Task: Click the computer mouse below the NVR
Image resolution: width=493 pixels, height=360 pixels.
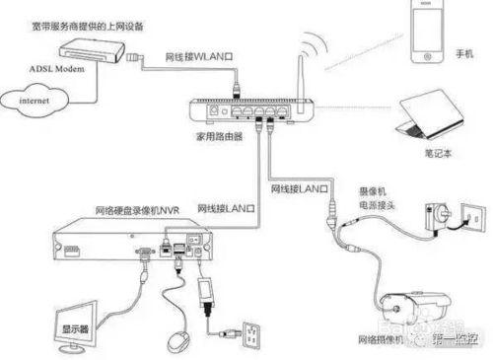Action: click(x=177, y=338)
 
